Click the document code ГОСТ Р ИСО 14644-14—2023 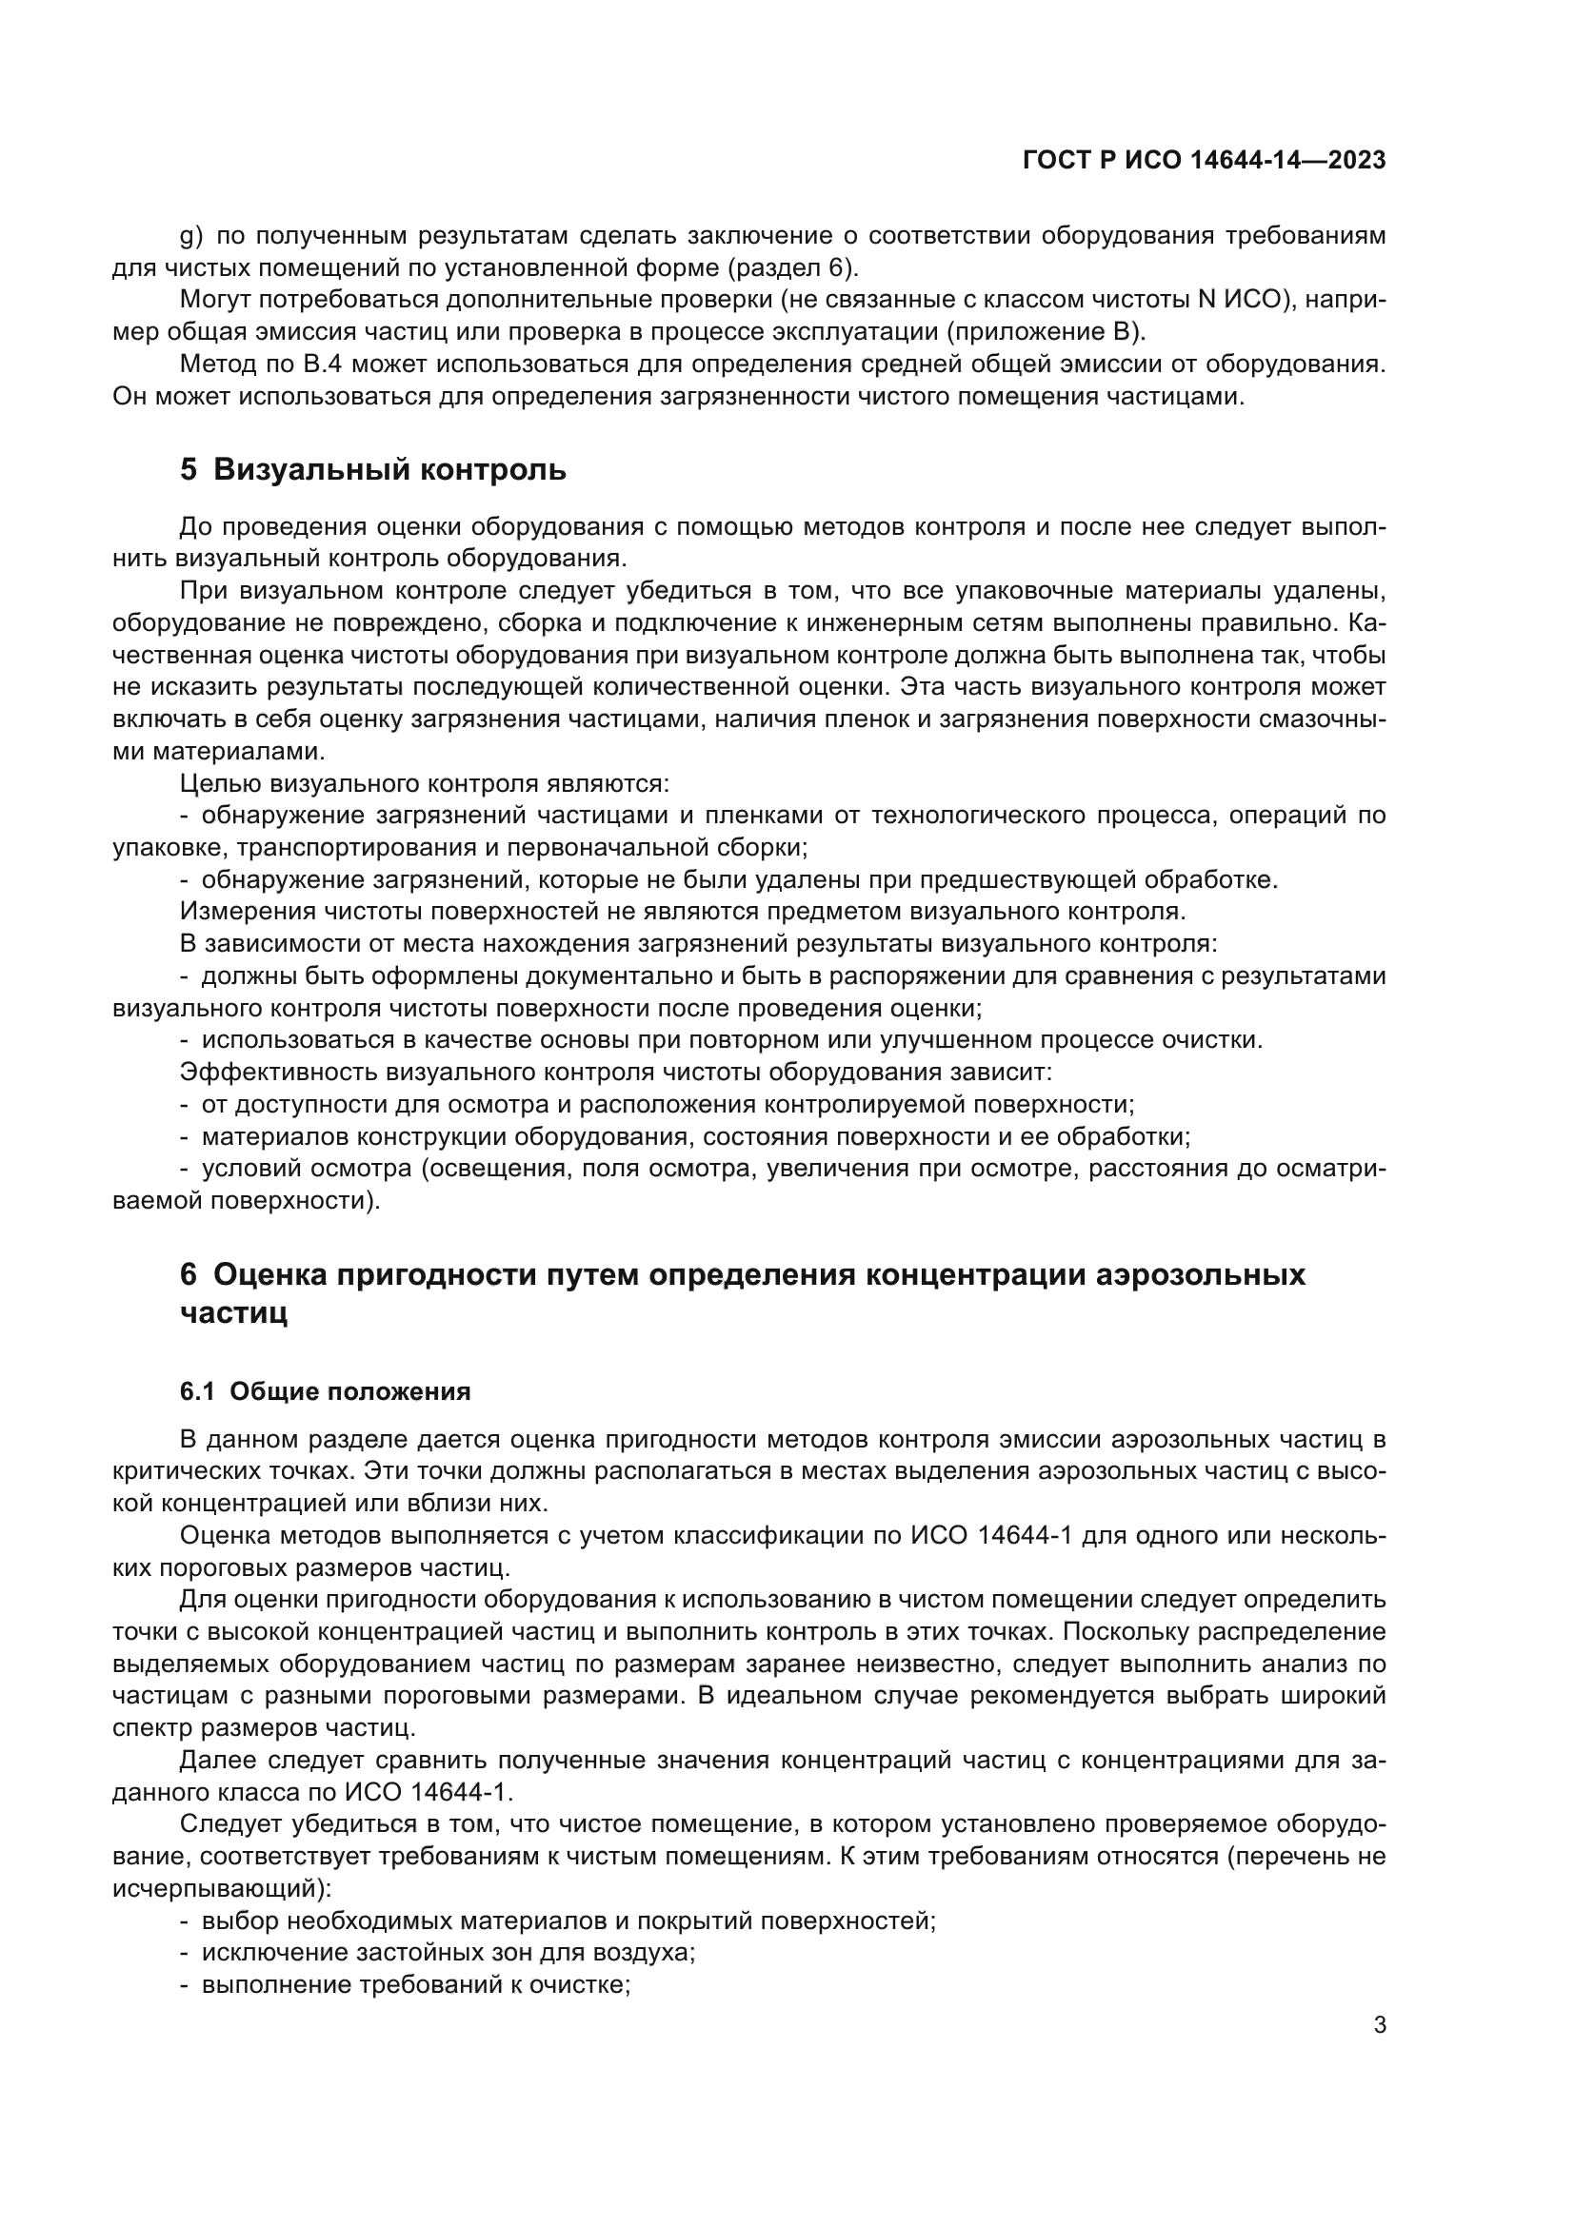1204,161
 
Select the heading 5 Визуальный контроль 373,470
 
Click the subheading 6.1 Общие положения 325,1391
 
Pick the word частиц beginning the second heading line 233,1313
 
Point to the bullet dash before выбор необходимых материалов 185,1921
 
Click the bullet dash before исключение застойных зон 185,1953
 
